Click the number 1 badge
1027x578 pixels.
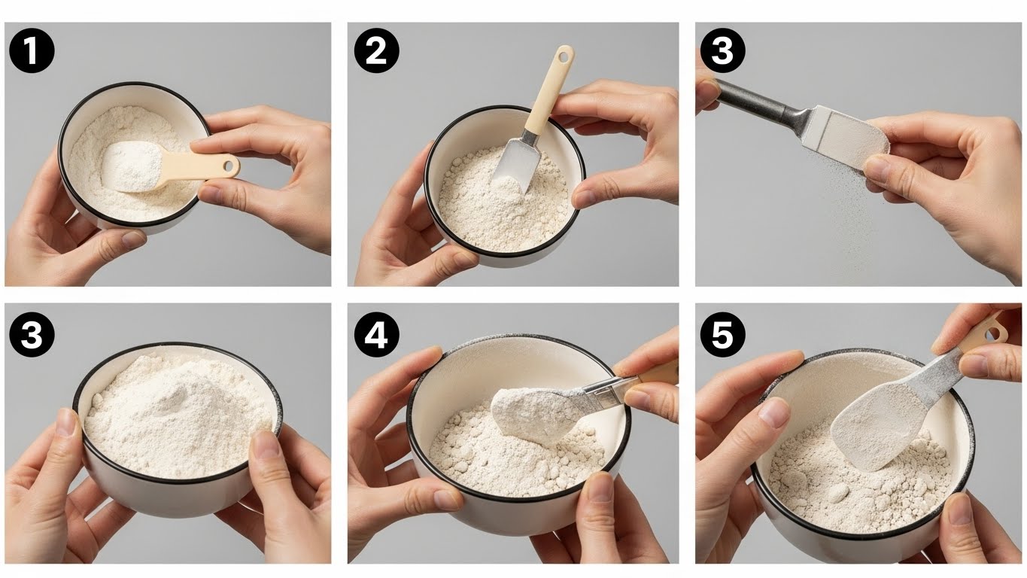tap(32, 50)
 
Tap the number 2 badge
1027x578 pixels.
tap(376, 50)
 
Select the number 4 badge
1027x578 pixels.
tap(376, 335)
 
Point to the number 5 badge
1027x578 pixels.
tap(722, 335)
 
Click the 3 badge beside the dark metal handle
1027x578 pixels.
tap(722, 50)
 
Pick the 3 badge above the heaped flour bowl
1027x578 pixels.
tap(32, 335)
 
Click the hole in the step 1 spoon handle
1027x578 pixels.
tap(229, 166)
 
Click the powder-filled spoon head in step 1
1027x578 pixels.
tap(133, 165)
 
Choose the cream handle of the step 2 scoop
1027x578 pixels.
tap(550, 87)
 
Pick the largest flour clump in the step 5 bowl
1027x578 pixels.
tap(838, 493)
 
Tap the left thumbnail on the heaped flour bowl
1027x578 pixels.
tap(70, 423)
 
